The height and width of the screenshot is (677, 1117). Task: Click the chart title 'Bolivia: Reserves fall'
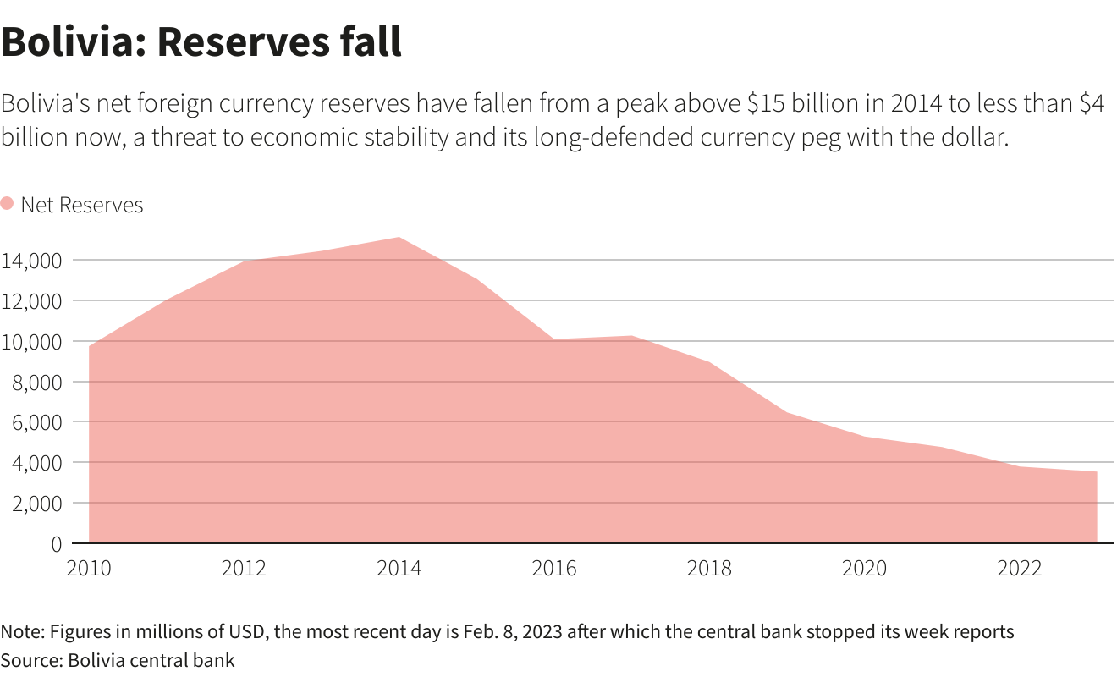pos(201,42)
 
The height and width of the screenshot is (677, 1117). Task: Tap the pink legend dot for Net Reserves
pos(7,204)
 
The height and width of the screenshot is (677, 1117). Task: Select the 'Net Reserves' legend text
pos(82,205)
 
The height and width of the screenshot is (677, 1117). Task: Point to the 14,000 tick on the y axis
pos(31,261)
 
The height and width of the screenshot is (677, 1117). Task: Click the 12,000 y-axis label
pos(31,301)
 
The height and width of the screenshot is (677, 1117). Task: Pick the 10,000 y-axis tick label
pos(31,342)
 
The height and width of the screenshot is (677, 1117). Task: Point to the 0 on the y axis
pos(56,543)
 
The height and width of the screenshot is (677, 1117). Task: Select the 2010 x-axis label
pos(89,567)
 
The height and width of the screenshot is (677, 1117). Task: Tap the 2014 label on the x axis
pos(399,567)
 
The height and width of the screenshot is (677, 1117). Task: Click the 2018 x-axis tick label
pos(709,567)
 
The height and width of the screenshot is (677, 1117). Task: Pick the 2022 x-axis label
pos(1019,567)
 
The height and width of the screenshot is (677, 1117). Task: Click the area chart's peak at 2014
pos(399,238)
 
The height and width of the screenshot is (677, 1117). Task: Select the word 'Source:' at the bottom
pos(31,660)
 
